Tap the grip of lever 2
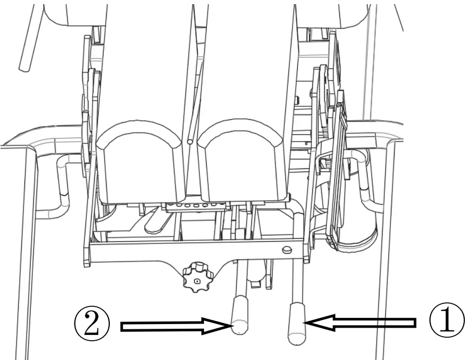240,315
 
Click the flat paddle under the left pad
159,221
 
